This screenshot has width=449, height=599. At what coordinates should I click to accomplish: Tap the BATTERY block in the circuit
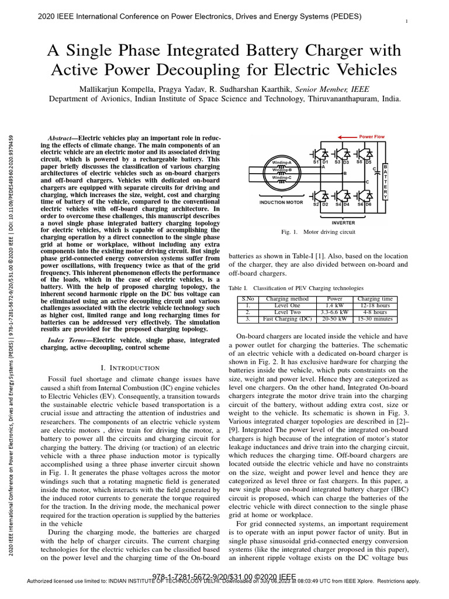click(x=385, y=181)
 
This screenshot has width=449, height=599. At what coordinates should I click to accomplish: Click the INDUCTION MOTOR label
click(x=281, y=202)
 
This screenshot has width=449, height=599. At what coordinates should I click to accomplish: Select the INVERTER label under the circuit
click(x=343, y=222)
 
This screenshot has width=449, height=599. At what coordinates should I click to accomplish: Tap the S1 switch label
click(x=316, y=161)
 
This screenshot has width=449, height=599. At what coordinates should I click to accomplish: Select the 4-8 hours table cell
click(x=375, y=312)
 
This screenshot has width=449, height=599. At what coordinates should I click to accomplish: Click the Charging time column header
click(x=375, y=299)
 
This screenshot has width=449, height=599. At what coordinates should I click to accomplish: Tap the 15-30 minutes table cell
click(x=375, y=319)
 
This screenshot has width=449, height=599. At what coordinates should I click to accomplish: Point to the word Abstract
click(x=61, y=137)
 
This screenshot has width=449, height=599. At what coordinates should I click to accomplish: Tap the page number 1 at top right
click(x=406, y=21)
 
